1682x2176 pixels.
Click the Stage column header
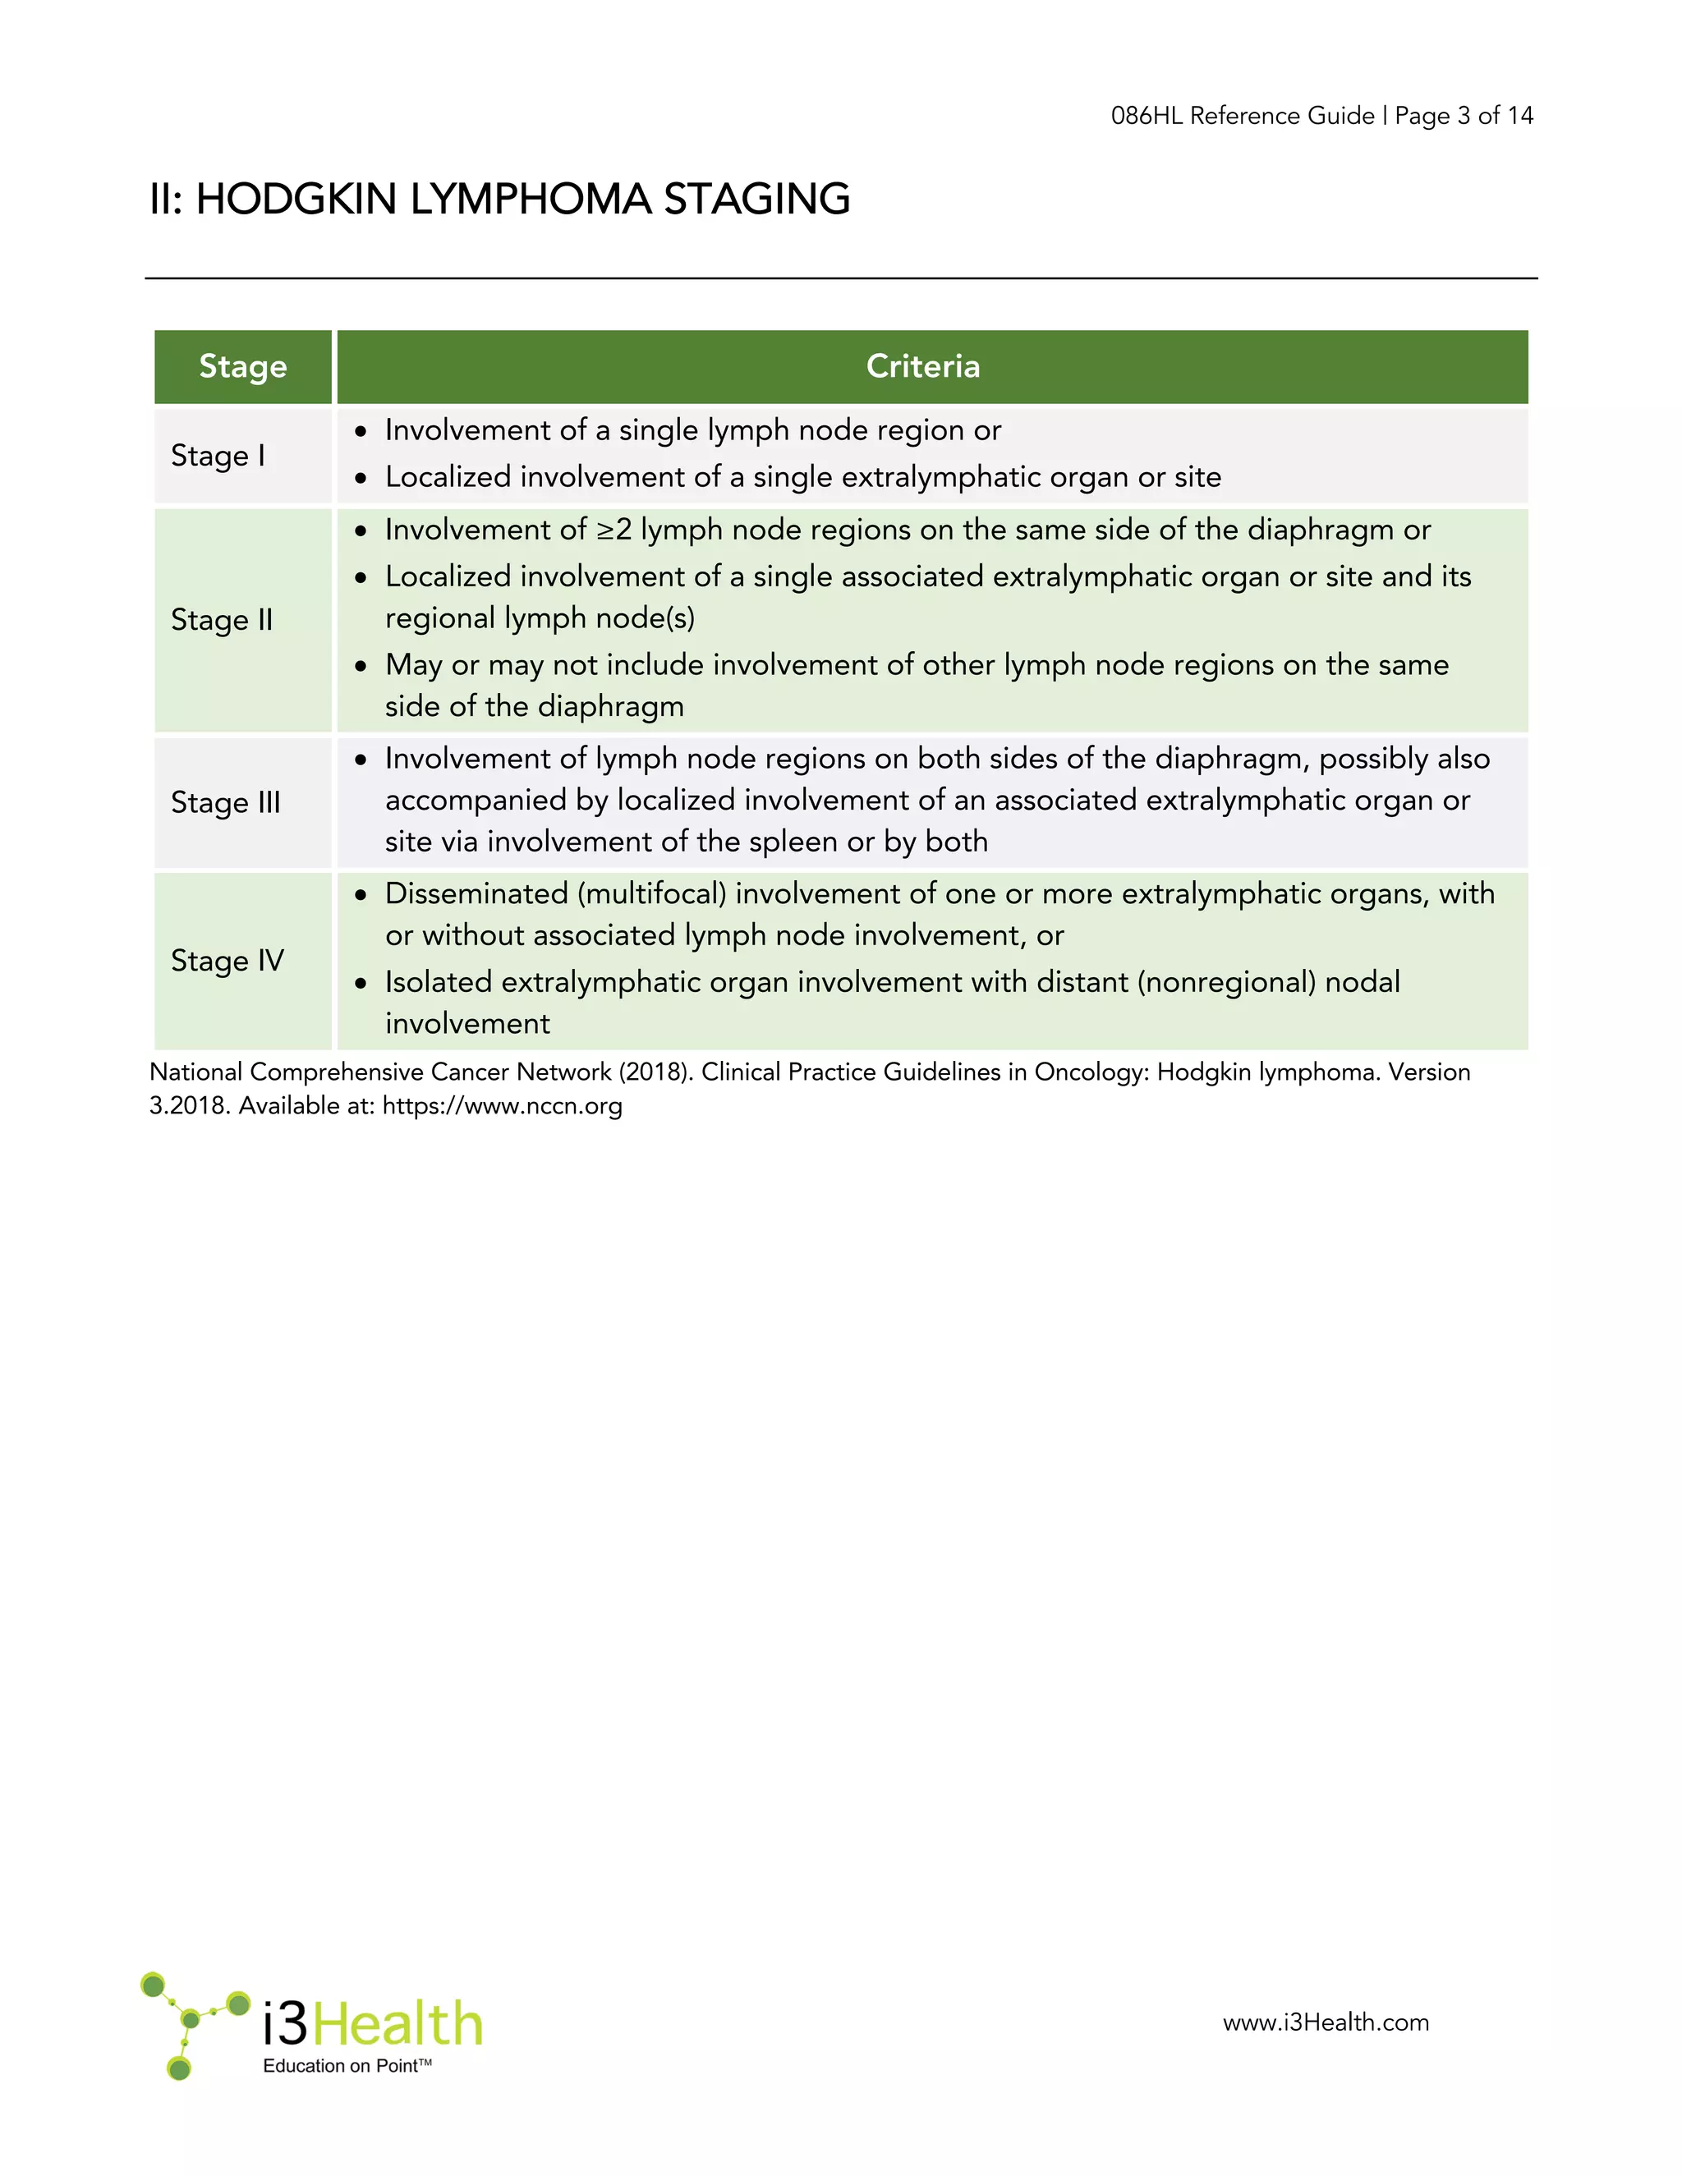[x=243, y=367]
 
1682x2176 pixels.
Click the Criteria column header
[x=922, y=367]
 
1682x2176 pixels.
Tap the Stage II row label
[x=221, y=620]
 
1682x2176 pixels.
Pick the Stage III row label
[x=225, y=802]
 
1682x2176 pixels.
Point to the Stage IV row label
[x=227, y=961]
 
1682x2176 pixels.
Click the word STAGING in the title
[x=756, y=200]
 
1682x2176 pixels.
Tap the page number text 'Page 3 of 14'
[x=1464, y=117]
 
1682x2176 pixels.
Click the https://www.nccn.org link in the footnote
[x=502, y=1106]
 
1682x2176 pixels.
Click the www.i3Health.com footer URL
[x=1326, y=2022]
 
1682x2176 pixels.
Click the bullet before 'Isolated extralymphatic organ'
[x=361, y=984]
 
